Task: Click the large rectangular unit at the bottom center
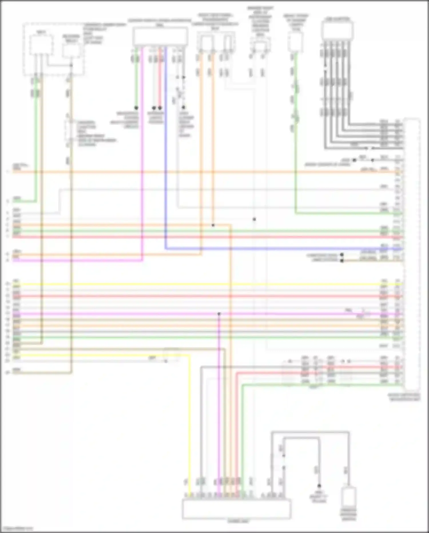[x=237, y=508]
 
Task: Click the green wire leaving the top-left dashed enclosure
[x=36, y=143]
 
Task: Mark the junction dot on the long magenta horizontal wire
[x=219, y=314]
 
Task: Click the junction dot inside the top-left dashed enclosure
[x=71, y=66]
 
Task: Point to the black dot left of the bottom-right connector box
[x=319, y=486]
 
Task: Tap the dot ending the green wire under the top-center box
[x=136, y=108]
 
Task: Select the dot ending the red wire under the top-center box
[x=160, y=108]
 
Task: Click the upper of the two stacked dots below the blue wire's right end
[x=342, y=255]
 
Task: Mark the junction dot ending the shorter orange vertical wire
[x=213, y=225]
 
